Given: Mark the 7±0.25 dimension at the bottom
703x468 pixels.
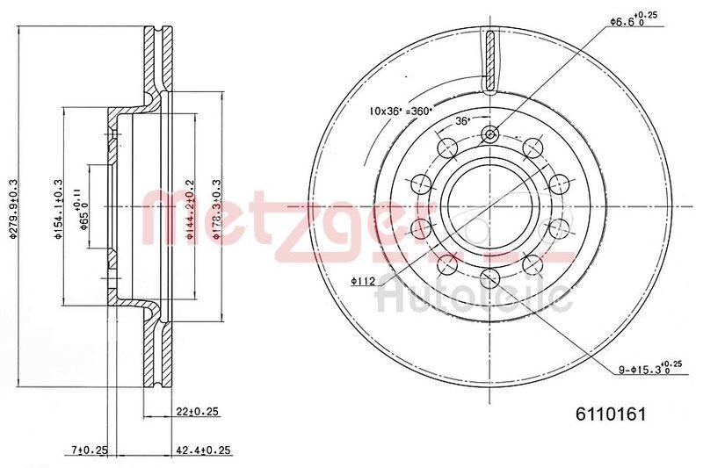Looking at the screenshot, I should click(89, 450).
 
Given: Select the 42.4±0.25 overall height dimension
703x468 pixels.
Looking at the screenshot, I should click(203, 450).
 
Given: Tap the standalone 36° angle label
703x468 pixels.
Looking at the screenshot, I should click(463, 122).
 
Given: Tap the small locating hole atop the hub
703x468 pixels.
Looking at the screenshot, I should click(490, 134).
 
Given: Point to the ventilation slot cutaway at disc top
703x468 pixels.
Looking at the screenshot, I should click(490, 61).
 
